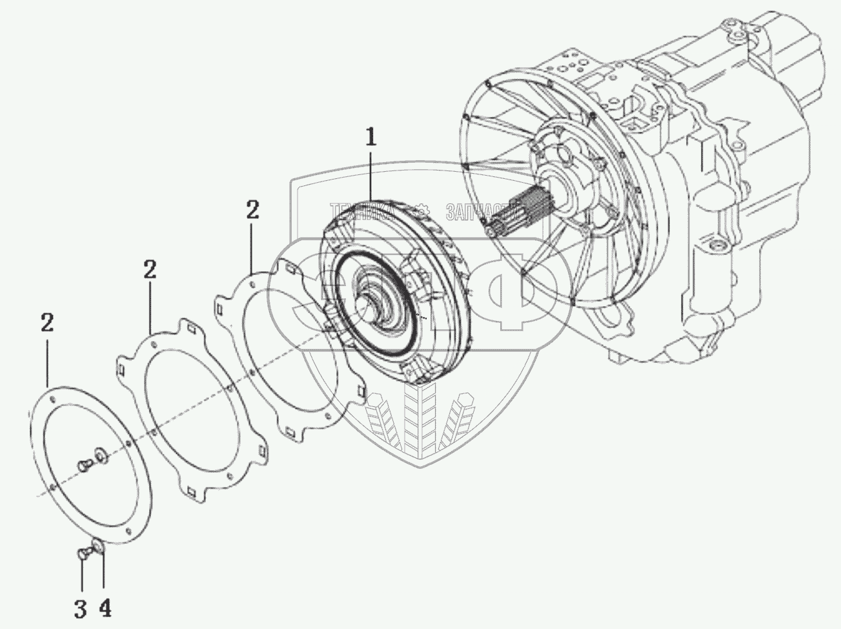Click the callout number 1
370,139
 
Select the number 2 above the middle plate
149,270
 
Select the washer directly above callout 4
97,548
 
